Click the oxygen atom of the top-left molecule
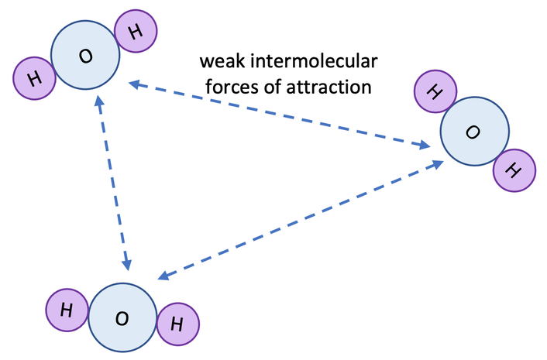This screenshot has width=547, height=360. pos(85,56)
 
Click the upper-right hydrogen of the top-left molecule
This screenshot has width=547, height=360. pos(136,31)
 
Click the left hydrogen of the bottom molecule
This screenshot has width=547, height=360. pos(67,310)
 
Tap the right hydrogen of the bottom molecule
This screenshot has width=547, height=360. pos(177,324)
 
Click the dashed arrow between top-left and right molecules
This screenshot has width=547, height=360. pos(280,113)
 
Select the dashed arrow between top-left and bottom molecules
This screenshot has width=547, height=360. pos(113,183)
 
